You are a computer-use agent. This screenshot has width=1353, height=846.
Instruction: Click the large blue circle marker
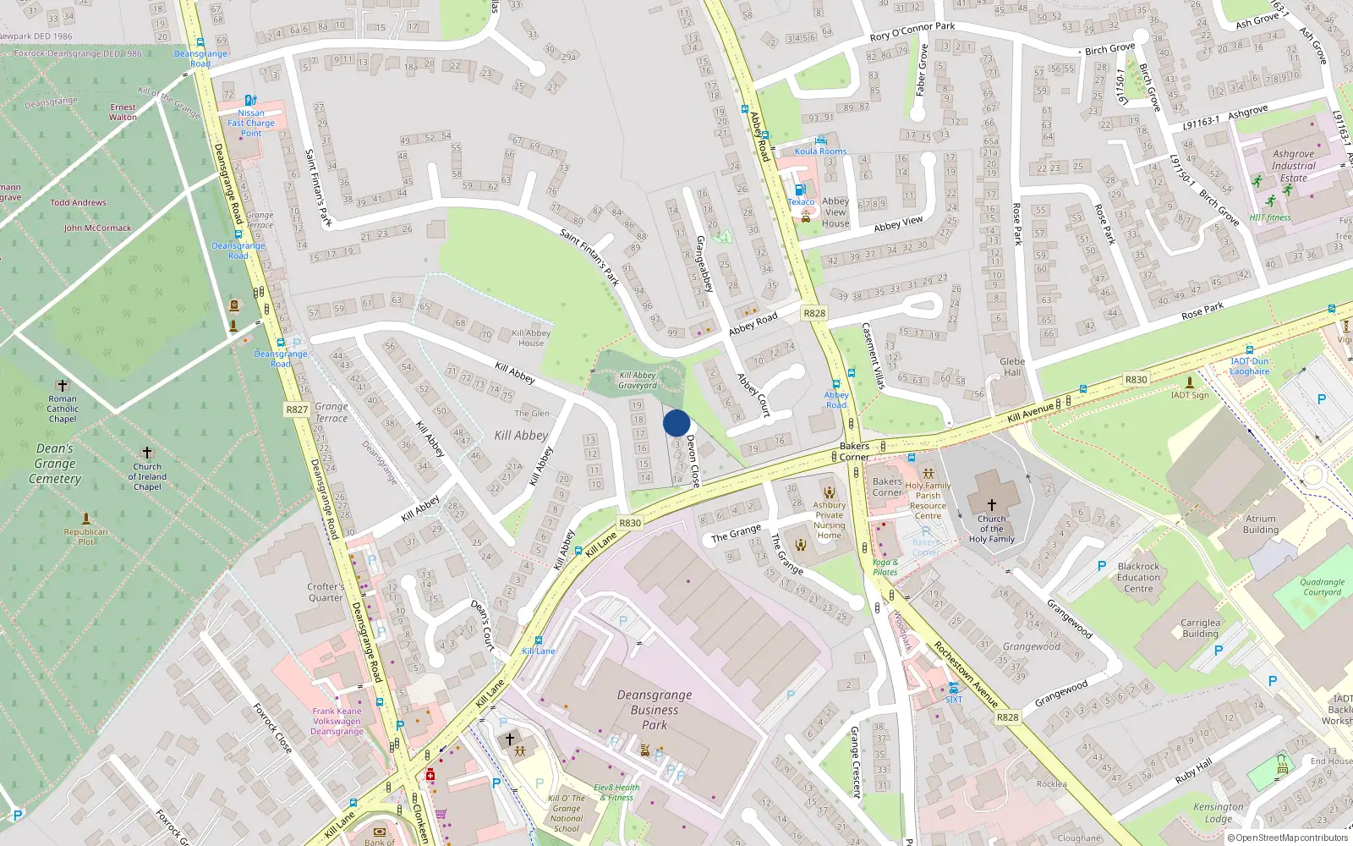[676, 423]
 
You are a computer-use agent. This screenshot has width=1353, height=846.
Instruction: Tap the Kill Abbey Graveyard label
[638, 380]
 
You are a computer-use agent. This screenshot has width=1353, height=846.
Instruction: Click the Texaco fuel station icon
[800, 190]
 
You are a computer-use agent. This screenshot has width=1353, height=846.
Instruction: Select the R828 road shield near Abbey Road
[814, 313]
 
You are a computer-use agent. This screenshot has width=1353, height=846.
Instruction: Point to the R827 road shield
[297, 409]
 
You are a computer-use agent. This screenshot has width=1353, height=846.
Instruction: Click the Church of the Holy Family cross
[991, 504]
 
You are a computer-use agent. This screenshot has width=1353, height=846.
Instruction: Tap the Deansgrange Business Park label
[655, 710]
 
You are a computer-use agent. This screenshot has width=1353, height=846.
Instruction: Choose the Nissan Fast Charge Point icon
[250, 100]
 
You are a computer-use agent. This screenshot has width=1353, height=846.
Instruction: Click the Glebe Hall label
[1012, 366]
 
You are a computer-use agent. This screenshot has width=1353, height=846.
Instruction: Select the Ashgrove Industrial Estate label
[1293, 166]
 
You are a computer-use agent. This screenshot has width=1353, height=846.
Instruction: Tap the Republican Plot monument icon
[85, 518]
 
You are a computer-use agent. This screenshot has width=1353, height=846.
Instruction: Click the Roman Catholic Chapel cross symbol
[62, 386]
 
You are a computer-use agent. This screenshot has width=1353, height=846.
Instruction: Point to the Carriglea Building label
[1200, 628]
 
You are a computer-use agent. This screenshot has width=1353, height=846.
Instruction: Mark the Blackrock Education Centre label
[1138, 577]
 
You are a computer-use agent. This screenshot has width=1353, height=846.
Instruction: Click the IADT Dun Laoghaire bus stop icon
[1249, 350]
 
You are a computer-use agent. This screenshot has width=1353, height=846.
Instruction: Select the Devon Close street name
[693, 460]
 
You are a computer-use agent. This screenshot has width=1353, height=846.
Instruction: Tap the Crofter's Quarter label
[326, 591]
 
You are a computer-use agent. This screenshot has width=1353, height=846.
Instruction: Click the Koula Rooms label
[820, 151]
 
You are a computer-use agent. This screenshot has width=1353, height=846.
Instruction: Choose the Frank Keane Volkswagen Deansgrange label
[337, 721]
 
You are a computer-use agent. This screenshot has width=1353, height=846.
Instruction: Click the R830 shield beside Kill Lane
[630, 523]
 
